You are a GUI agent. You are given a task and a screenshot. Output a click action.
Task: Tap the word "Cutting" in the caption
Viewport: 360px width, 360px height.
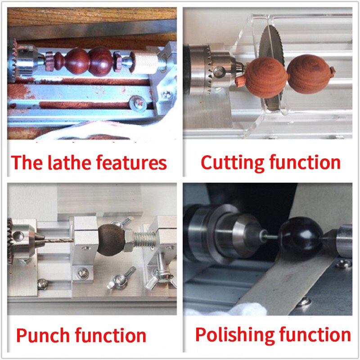[x=232, y=162]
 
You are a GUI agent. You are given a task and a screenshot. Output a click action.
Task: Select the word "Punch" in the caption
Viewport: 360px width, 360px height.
[x=43, y=335]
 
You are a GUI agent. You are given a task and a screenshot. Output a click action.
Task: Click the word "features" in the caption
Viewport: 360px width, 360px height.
[x=131, y=162]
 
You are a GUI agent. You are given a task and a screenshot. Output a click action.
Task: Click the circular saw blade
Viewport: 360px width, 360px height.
[x=273, y=67]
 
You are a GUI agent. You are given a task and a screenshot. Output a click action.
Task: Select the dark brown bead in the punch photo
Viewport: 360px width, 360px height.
[x=111, y=240]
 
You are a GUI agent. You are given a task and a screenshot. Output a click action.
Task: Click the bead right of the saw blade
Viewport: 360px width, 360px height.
[x=309, y=74]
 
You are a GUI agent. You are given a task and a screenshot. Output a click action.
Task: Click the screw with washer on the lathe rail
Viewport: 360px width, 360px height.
[x=138, y=104]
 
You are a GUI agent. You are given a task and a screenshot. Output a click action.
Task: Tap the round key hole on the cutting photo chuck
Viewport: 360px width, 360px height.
[x=219, y=71]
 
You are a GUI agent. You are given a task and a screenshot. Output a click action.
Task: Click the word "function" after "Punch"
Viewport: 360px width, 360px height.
[x=110, y=335]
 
